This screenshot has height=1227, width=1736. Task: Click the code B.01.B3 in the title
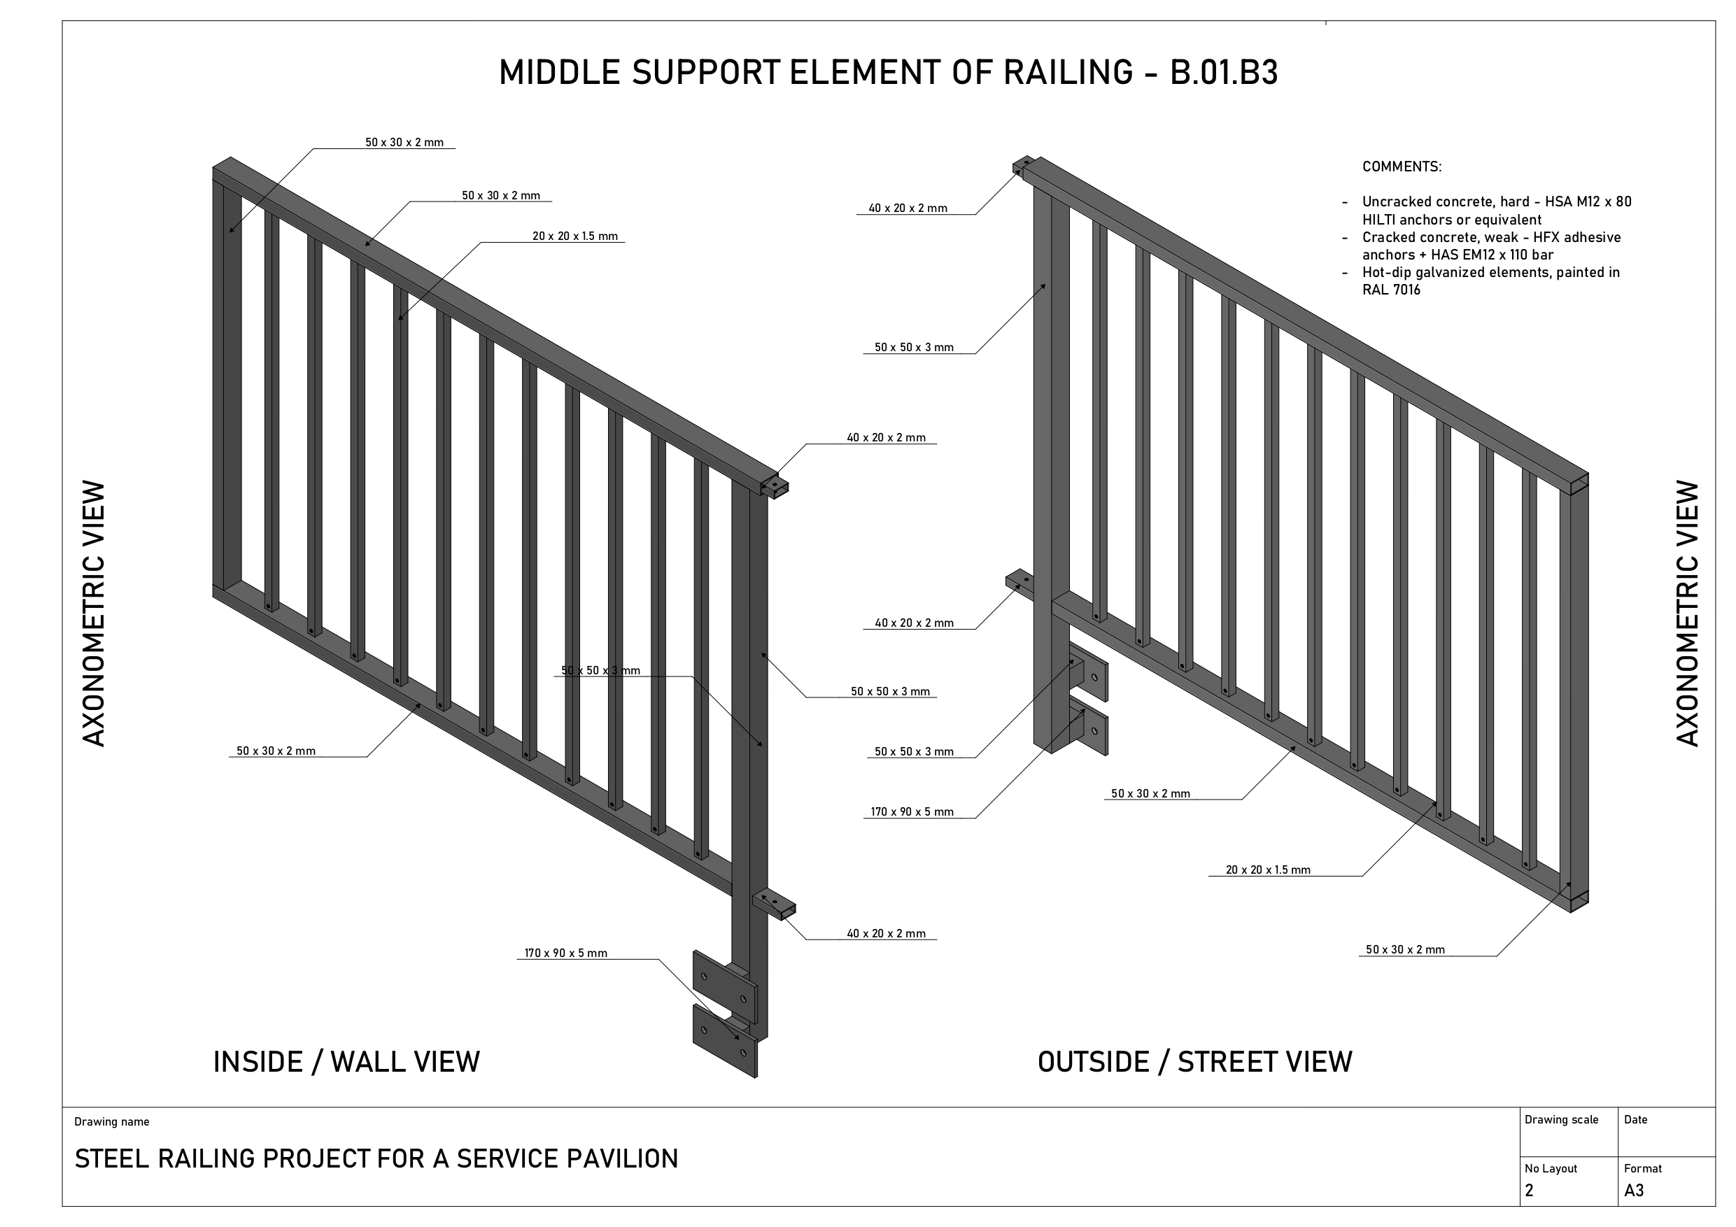point(1223,73)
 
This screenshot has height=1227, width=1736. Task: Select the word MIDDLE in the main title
point(560,73)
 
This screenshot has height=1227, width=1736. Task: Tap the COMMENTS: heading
point(1401,167)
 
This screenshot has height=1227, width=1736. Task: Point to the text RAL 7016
point(1390,290)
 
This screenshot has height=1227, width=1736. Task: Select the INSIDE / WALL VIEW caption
point(346,1062)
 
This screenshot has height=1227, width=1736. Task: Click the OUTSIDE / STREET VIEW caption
point(1194,1062)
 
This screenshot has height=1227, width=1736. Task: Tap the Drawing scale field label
point(1560,1120)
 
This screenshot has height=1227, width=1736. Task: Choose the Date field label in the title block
point(1635,1120)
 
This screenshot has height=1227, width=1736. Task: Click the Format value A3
point(1633,1191)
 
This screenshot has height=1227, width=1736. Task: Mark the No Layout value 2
point(1529,1191)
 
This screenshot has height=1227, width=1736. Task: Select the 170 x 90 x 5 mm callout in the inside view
point(565,953)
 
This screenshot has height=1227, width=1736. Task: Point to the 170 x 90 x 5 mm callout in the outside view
point(912,812)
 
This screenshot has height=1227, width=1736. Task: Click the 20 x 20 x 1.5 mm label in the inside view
point(574,236)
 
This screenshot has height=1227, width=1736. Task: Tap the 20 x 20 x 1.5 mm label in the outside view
point(1268,870)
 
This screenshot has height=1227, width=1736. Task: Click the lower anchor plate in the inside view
point(724,1040)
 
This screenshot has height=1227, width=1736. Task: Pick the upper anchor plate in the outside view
point(1094,677)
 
